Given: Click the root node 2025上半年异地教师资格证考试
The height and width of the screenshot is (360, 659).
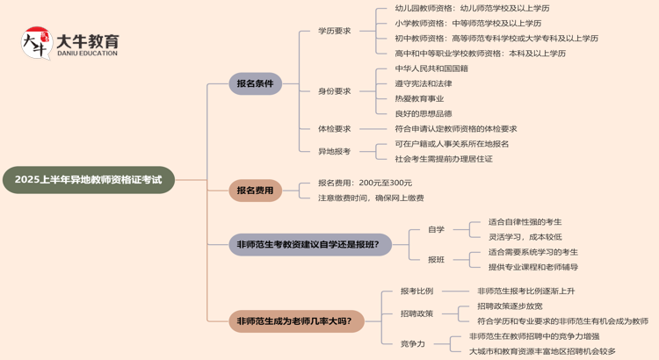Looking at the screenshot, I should point(89,181).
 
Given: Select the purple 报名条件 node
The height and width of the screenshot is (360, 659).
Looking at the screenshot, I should point(255,83).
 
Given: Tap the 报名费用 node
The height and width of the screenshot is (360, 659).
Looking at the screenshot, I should point(255,190).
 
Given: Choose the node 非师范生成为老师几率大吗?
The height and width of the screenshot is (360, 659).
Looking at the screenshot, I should point(294,320).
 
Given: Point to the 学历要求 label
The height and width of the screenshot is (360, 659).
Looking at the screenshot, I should point(334,31).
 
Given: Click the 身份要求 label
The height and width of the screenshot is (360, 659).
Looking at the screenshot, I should point(334,90).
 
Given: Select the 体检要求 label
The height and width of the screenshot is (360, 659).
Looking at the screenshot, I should point(334,129).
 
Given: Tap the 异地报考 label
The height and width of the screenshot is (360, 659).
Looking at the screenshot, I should point(334,151).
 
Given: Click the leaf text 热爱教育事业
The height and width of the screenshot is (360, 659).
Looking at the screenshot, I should point(419,98).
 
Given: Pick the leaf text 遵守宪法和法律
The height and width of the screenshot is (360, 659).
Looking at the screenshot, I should point(424,83).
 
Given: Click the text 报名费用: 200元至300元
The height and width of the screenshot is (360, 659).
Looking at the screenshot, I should point(365,183).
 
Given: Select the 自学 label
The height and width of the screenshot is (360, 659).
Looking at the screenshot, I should point(436,229).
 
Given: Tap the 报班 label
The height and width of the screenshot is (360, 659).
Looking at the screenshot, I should point(436,259).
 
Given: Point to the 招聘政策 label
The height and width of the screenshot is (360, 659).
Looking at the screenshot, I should point(416,313).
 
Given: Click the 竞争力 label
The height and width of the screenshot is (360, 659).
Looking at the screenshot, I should point(412,343).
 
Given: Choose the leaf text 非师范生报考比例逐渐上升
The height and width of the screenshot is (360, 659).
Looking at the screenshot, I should point(526,291).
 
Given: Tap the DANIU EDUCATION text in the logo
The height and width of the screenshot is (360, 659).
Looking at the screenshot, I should point(87,54).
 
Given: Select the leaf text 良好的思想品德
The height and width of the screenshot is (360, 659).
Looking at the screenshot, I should point(424,113).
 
